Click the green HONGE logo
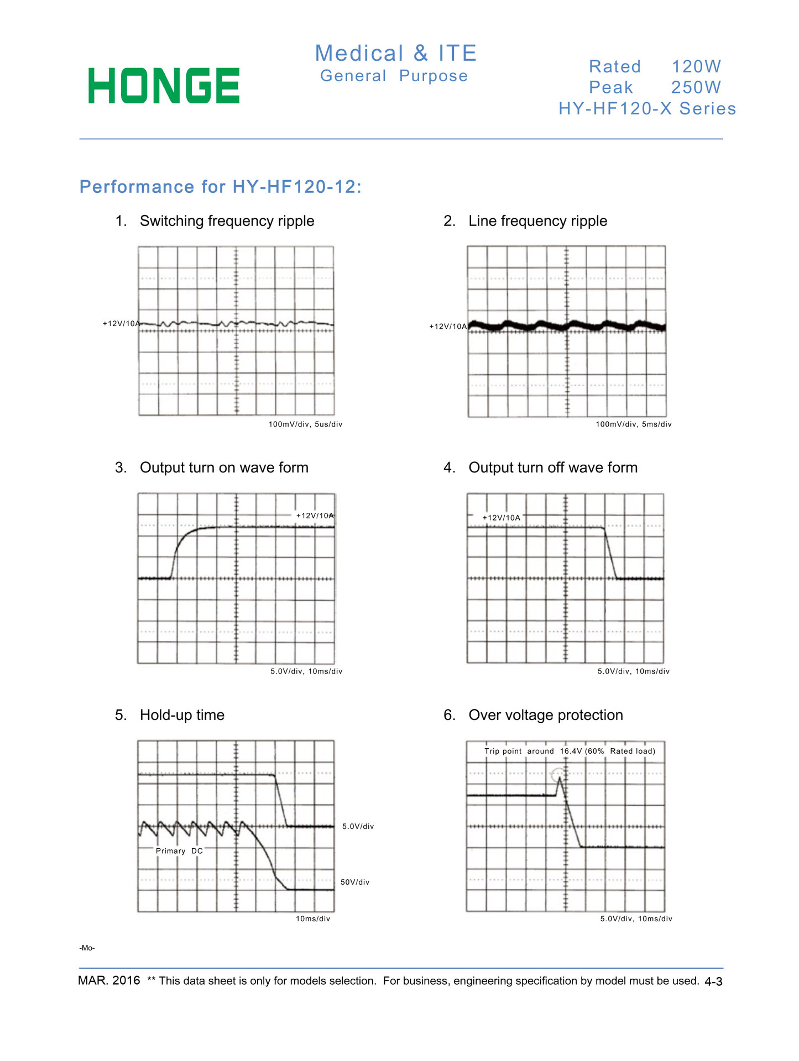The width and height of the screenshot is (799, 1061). coord(164,86)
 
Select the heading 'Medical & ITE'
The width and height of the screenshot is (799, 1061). coord(395,54)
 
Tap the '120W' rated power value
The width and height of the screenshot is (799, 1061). coord(696,67)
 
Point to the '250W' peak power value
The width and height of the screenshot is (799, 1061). coord(696,87)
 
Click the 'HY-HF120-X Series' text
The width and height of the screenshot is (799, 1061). coord(647,108)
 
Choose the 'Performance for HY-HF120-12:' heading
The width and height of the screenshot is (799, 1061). coord(221,187)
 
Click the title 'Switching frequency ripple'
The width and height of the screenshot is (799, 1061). coord(227,221)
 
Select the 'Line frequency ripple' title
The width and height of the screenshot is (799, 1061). coord(537,221)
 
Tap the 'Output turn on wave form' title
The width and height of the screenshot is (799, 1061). coord(224,468)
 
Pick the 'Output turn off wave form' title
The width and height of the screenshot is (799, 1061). coord(553,468)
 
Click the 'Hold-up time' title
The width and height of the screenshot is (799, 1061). coord(182,715)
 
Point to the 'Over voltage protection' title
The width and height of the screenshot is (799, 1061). coord(546,715)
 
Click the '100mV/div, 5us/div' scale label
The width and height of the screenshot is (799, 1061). coord(305,424)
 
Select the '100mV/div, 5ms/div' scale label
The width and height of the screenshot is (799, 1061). coord(633,424)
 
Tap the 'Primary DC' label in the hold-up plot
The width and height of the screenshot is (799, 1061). coord(179,851)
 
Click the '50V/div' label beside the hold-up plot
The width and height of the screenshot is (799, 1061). coord(355,882)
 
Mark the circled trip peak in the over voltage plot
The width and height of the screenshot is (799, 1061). coord(559,775)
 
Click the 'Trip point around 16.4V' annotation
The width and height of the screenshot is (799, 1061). coord(570,751)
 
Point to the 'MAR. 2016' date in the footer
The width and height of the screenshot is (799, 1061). coord(109,980)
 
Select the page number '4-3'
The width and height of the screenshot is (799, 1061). coord(713,981)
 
